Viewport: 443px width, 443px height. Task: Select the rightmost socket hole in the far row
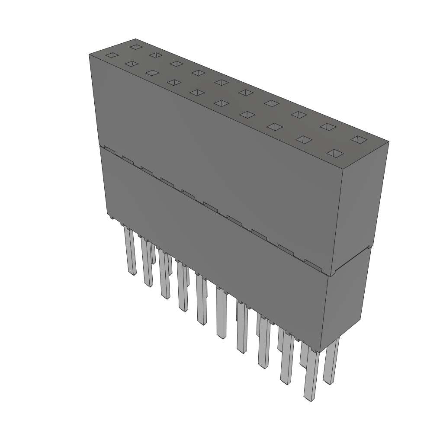358,139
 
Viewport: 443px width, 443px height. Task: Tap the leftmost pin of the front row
130,251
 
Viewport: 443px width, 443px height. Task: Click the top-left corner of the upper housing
89,55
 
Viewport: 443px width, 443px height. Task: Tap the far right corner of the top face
388,141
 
